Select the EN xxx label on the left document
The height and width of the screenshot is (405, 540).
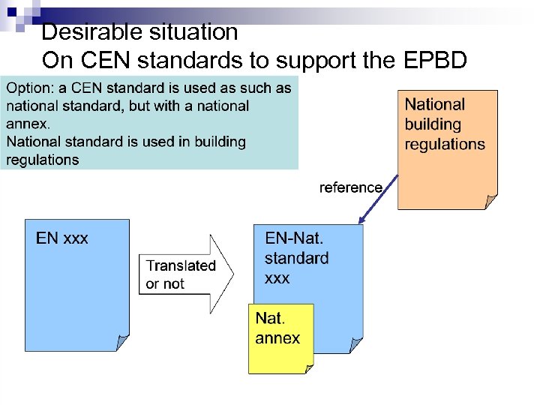pyautogui.click(x=62, y=238)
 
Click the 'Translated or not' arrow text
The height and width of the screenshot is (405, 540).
pyautogui.click(x=180, y=274)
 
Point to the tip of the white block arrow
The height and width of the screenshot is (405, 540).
pyautogui.click(x=233, y=274)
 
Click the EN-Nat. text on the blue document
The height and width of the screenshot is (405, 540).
pyautogui.click(x=294, y=238)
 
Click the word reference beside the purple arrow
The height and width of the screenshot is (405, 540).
pyautogui.click(x=350, y=187)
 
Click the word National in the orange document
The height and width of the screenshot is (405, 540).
pyautogui.click(x=435, y=105)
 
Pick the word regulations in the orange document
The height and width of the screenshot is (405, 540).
pyautogui.click(x=445, y=144)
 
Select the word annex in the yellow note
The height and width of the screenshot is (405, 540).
pyautogui.click(x=277, y=338)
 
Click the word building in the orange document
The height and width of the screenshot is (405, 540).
pyautogui.click(x=433, y=124)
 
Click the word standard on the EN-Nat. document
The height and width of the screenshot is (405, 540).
pyautogui.click(x=296, y=258)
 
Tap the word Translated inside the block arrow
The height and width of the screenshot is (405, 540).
pyautogui.click(x=181, y=265)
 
